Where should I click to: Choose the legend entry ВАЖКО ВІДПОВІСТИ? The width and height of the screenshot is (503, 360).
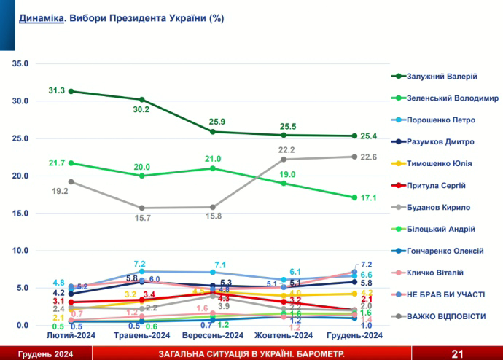pos(446,316)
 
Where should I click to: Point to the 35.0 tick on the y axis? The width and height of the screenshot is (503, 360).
pos(20,63)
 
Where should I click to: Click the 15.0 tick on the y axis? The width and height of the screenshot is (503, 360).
pos(20,213)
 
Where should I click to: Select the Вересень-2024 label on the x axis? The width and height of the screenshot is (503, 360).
pos(212,336)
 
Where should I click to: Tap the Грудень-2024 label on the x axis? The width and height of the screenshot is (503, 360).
pos(354,336)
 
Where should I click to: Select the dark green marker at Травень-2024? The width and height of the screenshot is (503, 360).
pos(142,99)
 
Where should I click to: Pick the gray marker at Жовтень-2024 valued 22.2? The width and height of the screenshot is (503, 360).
pos(284,159)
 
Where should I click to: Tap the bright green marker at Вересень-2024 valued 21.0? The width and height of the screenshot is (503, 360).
pos(213,168)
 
